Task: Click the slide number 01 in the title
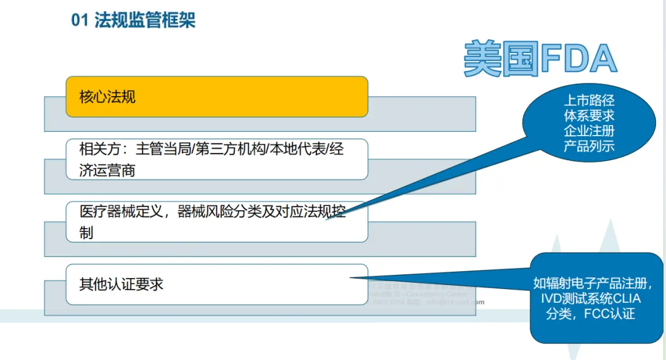click(80, 20)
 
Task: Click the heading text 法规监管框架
click(145, 20)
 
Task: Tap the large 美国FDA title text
click(540, 60)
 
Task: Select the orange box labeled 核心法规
click(216, 97)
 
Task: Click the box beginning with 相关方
click(216, 159)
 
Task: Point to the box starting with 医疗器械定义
click(216, 221)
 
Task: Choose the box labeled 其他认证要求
click(216, 284)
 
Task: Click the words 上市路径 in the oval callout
click(589, 100)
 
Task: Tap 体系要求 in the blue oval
click(589, 116)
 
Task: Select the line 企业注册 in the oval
click(589, 131)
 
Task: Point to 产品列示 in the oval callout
click(589, 147)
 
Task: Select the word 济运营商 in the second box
click(107, 170)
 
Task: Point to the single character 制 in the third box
click(86, 233)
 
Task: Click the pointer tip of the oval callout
click(327, 219)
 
